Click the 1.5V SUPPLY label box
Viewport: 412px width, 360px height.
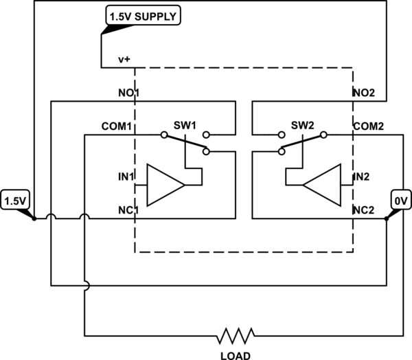(x=141, y=15)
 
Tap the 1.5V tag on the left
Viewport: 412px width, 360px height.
(x=14, y=201)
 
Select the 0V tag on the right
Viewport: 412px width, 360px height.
(x=400, y=201)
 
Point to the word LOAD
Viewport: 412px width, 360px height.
(x=236, y=355)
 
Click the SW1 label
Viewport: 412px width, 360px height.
(x=185, y=125)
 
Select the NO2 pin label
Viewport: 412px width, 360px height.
(x=364, y=92)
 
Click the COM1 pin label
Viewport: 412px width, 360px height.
(x=117, y=126)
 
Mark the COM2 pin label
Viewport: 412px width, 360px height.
(x=369, y=126)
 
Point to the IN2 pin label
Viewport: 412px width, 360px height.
(x=362, y=177)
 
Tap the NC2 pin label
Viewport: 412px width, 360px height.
(x=364, y=210)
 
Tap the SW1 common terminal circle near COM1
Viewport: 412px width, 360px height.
(x=164, y=135)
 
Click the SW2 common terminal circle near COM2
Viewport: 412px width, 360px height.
(x=323, y=135)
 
